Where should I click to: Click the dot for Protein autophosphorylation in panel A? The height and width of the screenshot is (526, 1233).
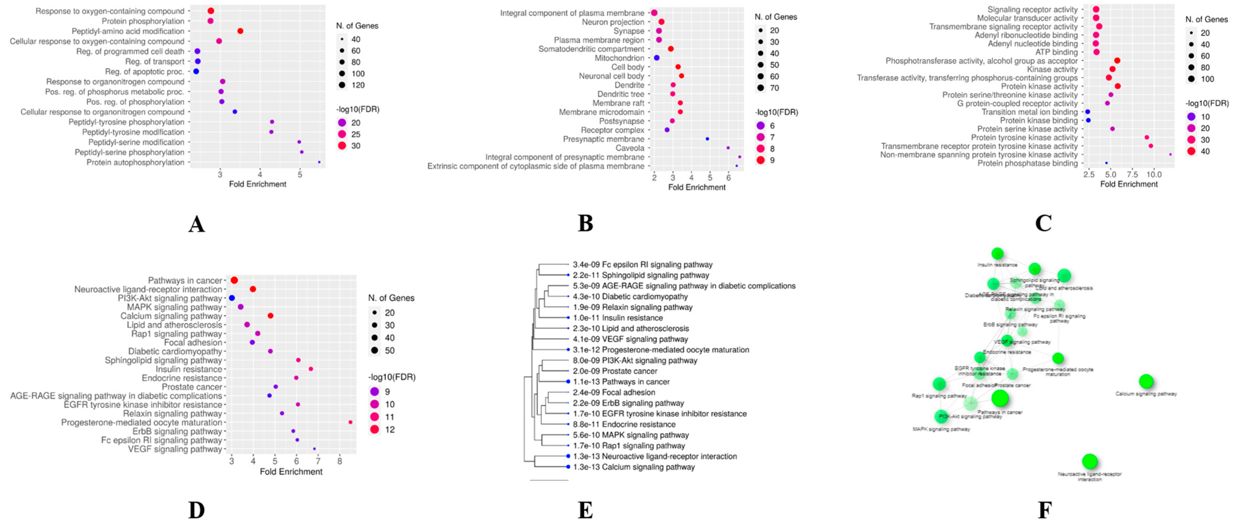(319, 163)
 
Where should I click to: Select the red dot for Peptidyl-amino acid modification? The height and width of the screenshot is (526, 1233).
(240, 31)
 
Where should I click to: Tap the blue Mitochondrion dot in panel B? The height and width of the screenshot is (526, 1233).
(657, 58)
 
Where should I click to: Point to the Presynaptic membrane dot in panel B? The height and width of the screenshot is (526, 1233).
(707, 139)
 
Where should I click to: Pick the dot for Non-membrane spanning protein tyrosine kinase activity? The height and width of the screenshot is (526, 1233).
(1170, 154)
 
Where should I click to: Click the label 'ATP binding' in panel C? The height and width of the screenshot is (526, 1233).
(1057, 52)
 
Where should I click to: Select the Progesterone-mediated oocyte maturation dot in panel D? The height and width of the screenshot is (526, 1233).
(350, 422)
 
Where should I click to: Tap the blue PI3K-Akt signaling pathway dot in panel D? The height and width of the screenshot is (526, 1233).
(232, 298)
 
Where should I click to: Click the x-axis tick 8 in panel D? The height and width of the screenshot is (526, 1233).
(339, 461)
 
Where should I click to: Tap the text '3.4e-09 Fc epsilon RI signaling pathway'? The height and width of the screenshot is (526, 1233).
(642, 264)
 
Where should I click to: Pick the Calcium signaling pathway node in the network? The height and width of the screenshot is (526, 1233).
(1146, 381)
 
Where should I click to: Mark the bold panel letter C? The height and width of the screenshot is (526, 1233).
(1043, 223)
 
